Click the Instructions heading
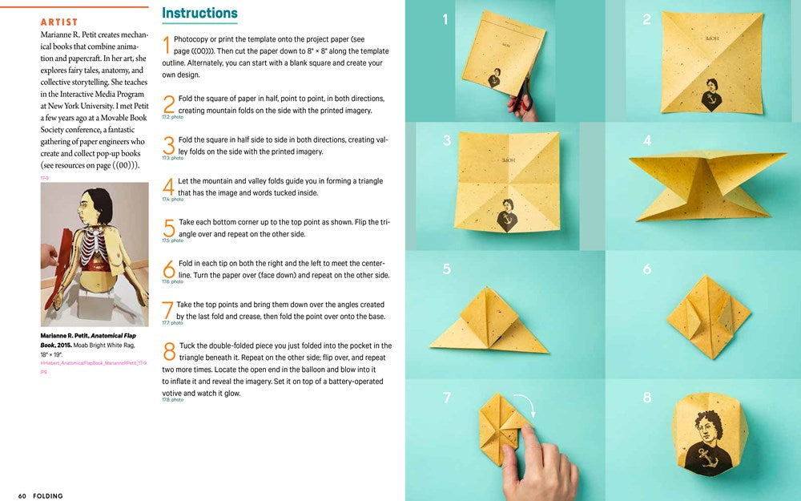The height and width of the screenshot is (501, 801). [x=199, y=13]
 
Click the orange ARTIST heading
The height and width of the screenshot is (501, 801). [x=59, y=22]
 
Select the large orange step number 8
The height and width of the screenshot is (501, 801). [x=169, y=351]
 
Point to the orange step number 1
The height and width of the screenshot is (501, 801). [x=166, y=45]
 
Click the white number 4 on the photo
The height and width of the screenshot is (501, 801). [x=647, y=141]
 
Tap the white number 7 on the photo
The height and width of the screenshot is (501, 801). [x=446, y=397]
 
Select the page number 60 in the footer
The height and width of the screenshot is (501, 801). [x=22, y=495]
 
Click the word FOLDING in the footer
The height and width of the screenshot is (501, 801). [x=48, y=495]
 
